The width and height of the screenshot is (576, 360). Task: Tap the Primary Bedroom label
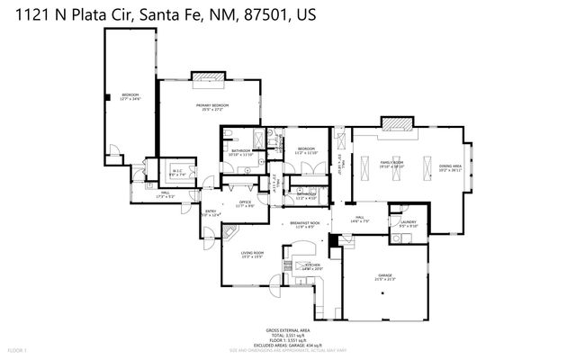click(x=212, y=107)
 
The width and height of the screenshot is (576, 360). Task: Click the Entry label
click(x=210, y=212)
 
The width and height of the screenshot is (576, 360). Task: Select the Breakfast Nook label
click(x=306, y=225)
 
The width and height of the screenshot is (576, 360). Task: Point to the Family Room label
click(x=391, y=164)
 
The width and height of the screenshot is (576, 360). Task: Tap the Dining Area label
click(x=450, y=168)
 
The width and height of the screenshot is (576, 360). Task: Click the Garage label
click(x=385, y=277)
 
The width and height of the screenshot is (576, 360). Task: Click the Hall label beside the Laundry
click(x=358, y=220)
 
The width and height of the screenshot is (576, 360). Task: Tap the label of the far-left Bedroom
click(x=131, y=96)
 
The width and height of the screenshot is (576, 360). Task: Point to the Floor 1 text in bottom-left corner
click(x=19, y=349)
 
